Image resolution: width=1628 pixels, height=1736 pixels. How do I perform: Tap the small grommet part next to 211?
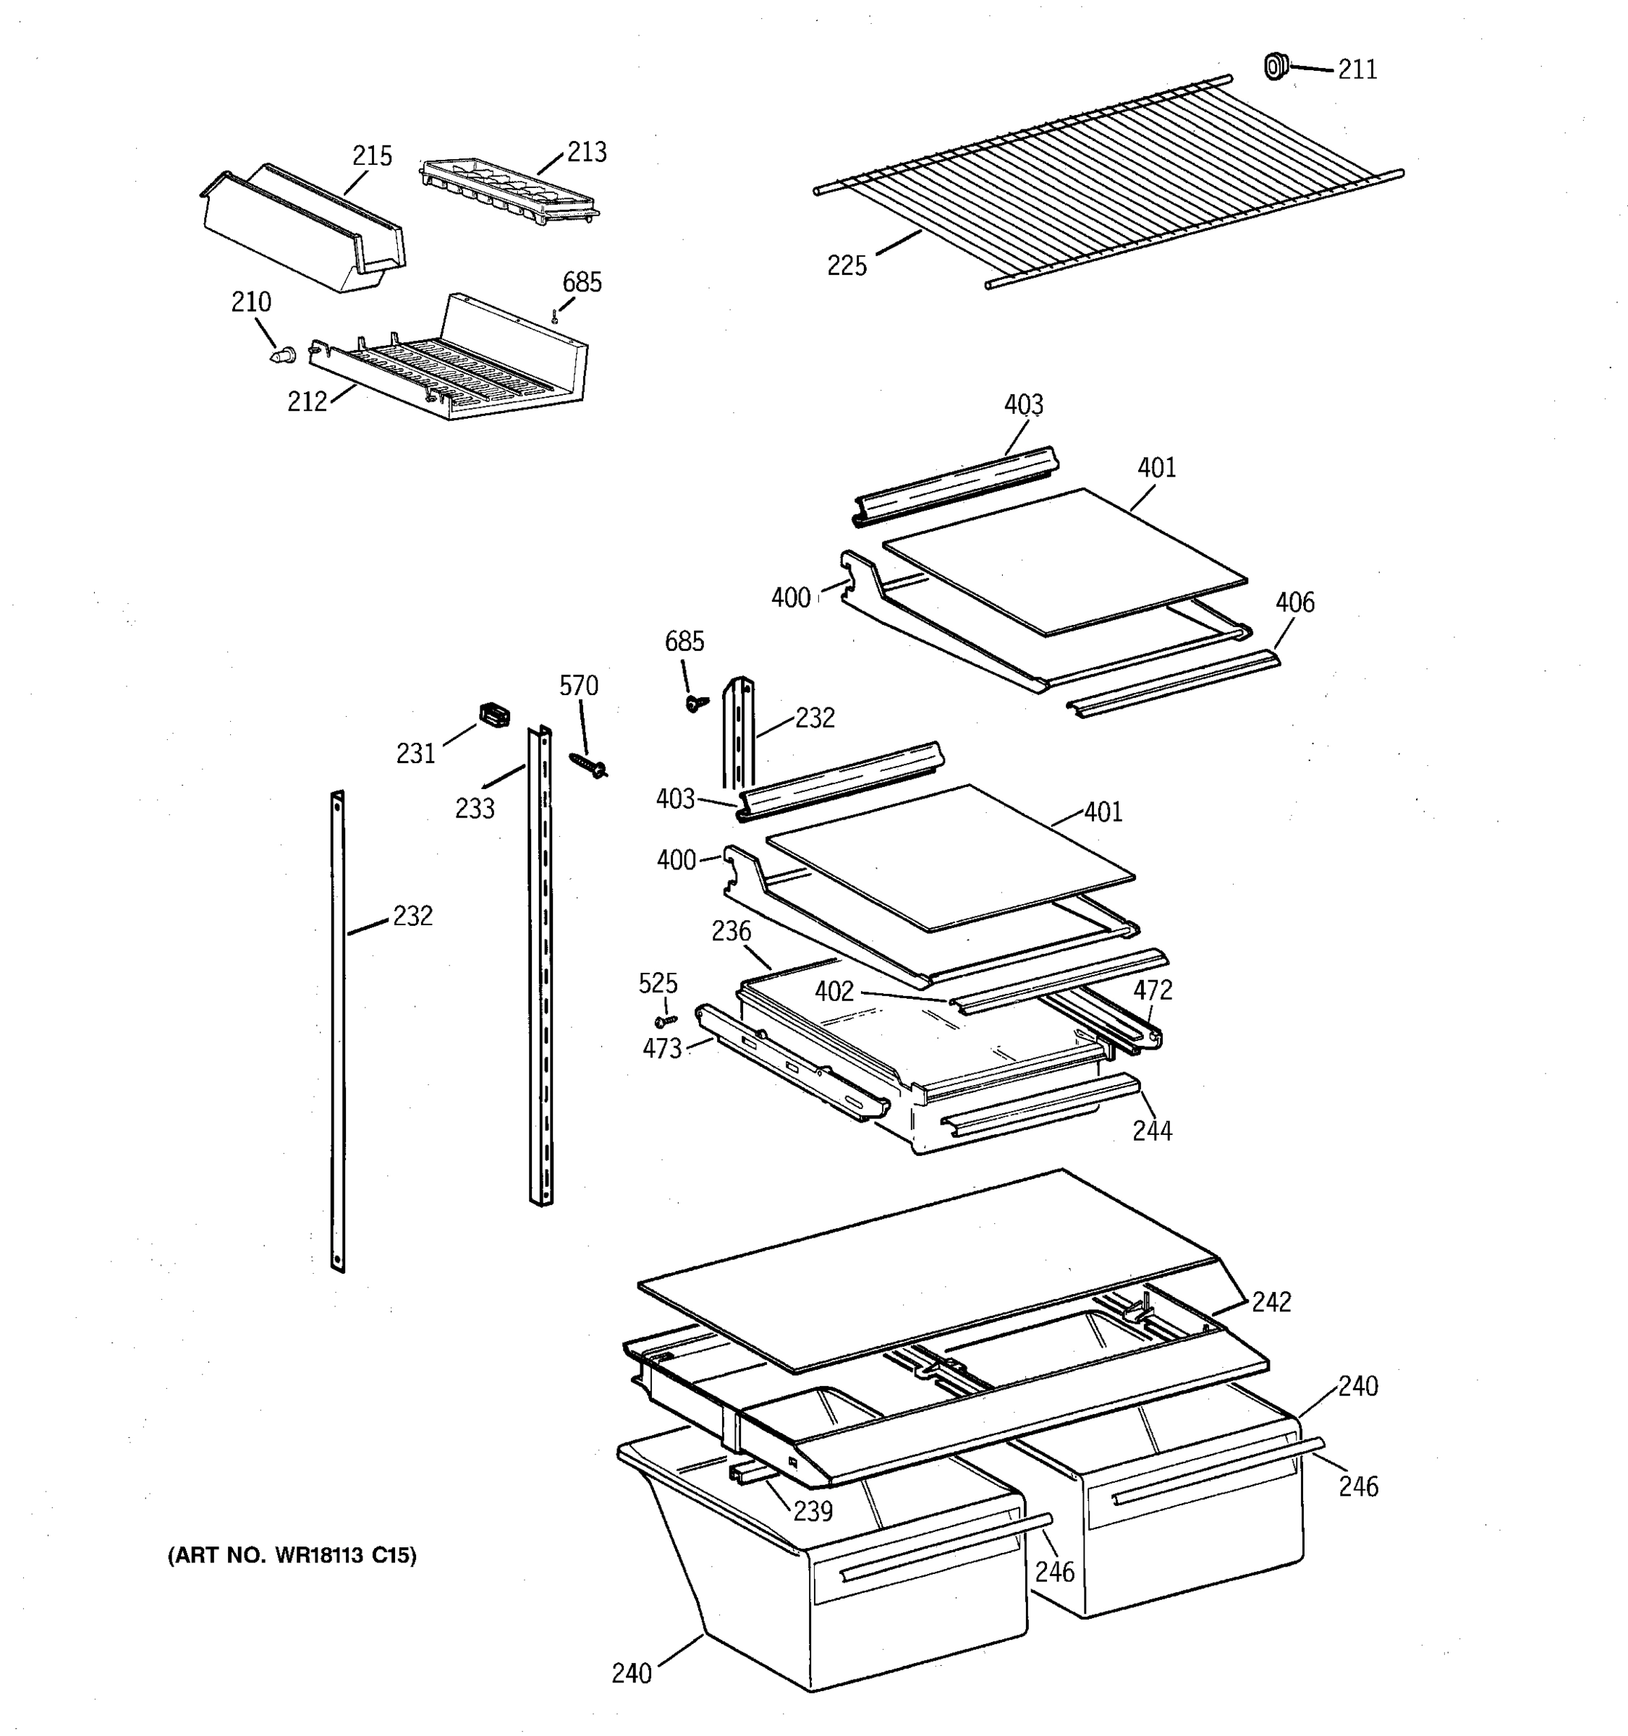pos(1276,66)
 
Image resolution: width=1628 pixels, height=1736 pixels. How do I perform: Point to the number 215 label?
pos(372,156)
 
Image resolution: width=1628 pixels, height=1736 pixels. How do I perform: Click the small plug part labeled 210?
pos(282,355)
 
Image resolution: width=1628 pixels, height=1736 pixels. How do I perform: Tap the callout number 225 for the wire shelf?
pos(847,265)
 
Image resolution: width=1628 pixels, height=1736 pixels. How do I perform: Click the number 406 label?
pos(1294,603)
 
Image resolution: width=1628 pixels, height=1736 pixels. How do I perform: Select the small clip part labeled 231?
pos(494,716)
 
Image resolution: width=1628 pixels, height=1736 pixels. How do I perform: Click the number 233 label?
pos(474,809)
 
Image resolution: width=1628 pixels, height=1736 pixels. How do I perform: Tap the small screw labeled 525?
pos(666,1020)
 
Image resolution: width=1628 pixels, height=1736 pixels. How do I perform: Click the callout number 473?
pos(662,1049)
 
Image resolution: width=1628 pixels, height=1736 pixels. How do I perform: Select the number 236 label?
pos(731,932)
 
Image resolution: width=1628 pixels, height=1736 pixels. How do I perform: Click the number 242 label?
pos(1271,1302)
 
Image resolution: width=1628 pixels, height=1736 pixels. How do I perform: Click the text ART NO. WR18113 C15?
pos(292,1555)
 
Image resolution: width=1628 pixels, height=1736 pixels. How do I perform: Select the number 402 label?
pos(834,991)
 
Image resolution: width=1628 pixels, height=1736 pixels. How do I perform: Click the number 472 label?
pos(1153,990)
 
